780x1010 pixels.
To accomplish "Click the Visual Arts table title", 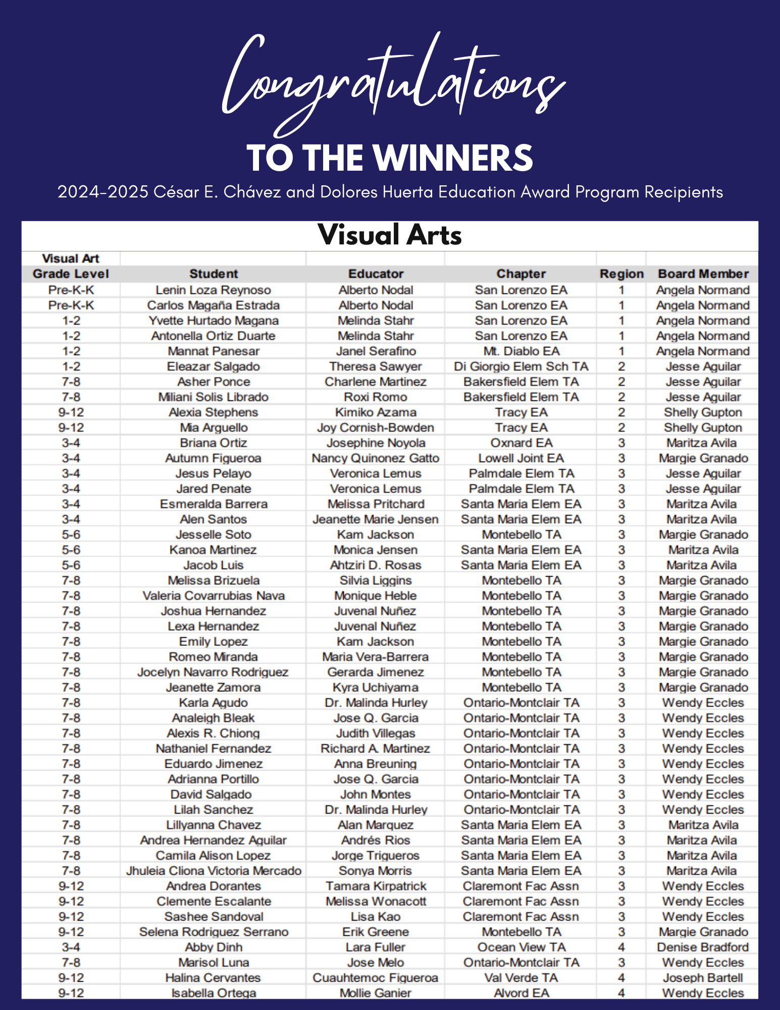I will pos(390,235).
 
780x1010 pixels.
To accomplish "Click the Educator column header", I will pos(376,274).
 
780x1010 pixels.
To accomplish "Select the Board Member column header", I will pos(703,274).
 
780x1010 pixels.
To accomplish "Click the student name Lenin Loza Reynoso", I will pos(213,290).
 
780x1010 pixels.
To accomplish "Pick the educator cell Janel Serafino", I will pos(376,351).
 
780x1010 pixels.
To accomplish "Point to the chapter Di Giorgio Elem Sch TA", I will pos(521,366).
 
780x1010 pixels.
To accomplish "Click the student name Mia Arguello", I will pos(213,427).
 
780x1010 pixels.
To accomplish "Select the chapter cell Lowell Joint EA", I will pos(521,458).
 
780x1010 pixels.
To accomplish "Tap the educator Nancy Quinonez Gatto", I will pos(376,458).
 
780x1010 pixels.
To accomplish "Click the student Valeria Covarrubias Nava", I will pos(213,595).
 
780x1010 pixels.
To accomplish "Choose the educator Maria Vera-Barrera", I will pos(376,656).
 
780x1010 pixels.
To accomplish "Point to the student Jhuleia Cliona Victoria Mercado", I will pos(213,871).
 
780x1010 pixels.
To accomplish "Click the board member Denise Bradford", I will pos(703,947).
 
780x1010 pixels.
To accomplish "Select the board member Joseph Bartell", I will pos(703,978).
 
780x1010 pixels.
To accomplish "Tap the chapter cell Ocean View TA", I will pos(521,947).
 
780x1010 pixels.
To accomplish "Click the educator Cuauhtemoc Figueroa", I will pos(376,978).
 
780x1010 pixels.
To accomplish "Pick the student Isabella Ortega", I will pos(213,993).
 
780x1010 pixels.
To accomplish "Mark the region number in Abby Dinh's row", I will pos(621,947).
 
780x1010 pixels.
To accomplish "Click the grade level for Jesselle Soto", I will pos(71,534).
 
